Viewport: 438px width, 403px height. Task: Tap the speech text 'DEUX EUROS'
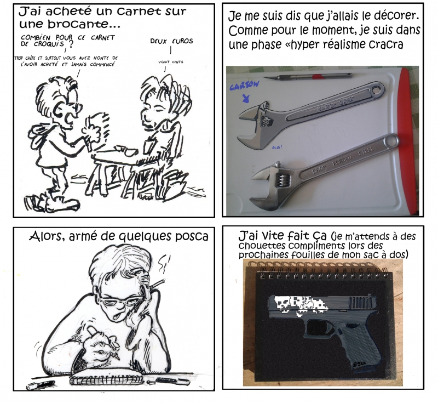pyautogui.click(x=171, y=41)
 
